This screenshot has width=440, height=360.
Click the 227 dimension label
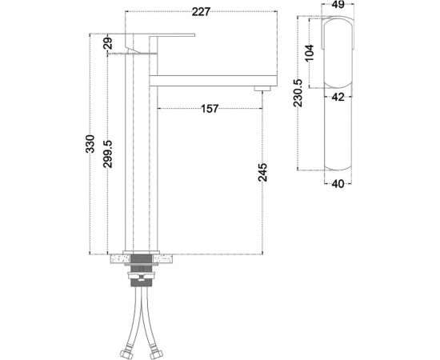click(201, 12)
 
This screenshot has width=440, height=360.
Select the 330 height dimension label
click(90, 144)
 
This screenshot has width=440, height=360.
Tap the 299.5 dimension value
click(108, 154)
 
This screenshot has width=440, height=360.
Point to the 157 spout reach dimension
click(210, 109)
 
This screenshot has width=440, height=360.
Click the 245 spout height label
click(262, 172)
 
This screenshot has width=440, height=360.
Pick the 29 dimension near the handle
click(108, 43)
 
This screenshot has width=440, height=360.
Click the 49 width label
click(338, 5)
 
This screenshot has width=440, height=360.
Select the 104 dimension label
click(309, 53)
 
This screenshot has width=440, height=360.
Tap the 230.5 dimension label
click(298, 93)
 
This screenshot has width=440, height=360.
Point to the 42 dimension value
click(338, 97)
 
